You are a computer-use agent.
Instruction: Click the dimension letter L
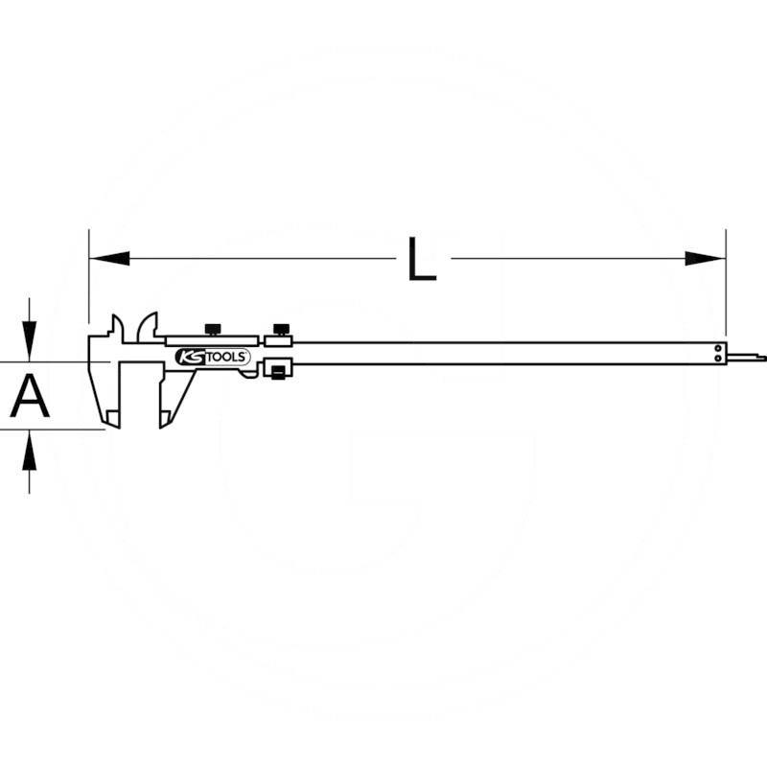(422, 259)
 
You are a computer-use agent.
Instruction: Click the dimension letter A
(30, 395)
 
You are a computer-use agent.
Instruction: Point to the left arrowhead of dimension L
(110, 258)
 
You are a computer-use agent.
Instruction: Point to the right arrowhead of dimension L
(705, 258)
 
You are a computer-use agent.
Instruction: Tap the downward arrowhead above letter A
(30, 341)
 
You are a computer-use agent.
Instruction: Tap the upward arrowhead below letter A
(30, 451)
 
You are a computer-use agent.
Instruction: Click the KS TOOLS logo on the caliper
(212, 357)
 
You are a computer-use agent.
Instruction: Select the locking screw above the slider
(213, 330)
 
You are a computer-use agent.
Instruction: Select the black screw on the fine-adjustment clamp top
(281, 330)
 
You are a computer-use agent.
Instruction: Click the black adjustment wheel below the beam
(277, 372)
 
